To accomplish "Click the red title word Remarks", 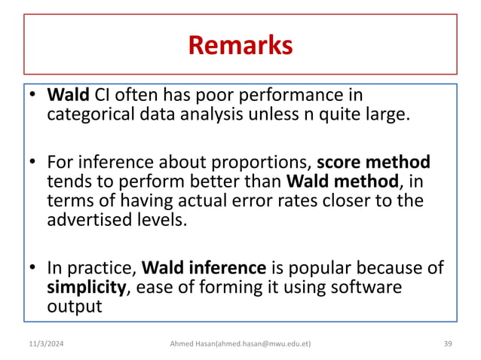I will click(x=240, y=46).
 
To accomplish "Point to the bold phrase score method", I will click(x=374, y=163).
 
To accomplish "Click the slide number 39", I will click(x=448, y=344).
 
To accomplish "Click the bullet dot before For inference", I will click(x=34, y=163).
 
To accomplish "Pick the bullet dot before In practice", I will click(x=34, y=268).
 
